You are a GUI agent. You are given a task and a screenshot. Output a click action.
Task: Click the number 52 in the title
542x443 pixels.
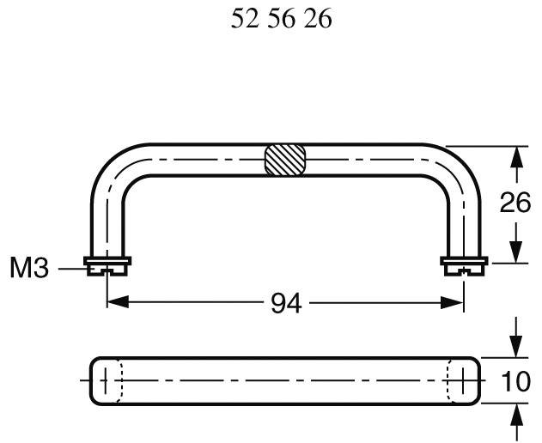(x=247, y=20)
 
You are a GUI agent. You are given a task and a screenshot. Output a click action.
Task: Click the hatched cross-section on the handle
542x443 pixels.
(x=284, y=161)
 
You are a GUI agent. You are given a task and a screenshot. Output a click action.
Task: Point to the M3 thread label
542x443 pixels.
(x=28, y=269)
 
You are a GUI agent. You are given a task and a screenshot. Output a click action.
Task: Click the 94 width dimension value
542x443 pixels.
(x=286, y=303)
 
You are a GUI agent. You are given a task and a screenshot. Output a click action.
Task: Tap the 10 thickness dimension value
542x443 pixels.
(x=516, y=380)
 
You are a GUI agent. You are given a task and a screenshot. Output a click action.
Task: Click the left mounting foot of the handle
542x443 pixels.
(x=107, y=265)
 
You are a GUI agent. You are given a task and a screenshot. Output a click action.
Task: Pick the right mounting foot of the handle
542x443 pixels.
(x=464, y=265)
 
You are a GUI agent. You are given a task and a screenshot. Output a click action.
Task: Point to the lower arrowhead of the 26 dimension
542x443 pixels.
(x=516, y=252)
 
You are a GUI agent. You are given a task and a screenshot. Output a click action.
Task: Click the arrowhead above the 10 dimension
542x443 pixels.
(x=516, y=349)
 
